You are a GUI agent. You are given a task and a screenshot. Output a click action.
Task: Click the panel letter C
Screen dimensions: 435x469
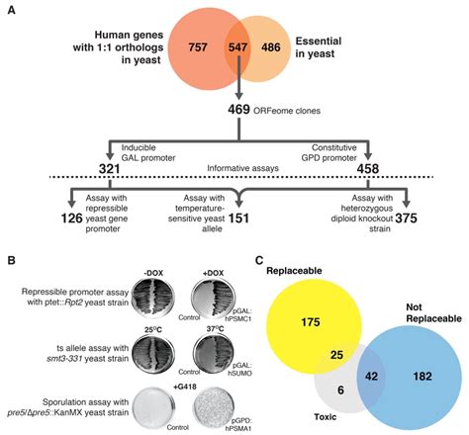click(259, 261)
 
